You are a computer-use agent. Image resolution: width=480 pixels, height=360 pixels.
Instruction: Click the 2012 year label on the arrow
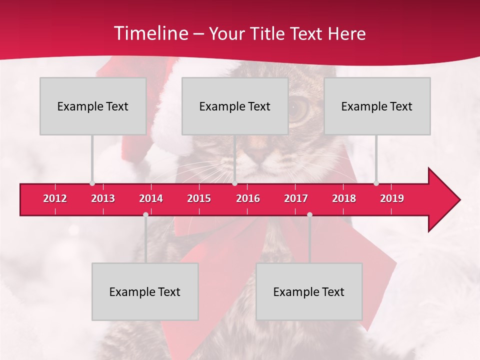coord(55,198)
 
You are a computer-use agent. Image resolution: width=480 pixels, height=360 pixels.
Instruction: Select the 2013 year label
coord(103,198)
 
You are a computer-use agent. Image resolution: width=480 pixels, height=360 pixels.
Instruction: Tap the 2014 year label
coord(151,198)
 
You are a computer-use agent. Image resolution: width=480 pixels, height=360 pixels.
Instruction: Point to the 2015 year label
coord(199,198)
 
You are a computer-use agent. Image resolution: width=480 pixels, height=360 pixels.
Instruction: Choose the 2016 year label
coord(248,198)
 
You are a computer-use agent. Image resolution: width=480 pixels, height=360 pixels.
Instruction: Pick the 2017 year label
coord(296,198)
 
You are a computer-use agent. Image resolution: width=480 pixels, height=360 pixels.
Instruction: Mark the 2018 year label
coord(344,198)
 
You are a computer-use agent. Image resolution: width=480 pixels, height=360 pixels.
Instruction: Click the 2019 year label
coord(392,198)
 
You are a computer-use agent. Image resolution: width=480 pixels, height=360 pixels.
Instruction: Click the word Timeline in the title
coord(150,33)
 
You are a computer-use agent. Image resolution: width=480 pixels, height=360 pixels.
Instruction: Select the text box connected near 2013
coord(93,106)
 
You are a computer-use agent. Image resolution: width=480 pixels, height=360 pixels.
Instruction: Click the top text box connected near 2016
coord(235,106)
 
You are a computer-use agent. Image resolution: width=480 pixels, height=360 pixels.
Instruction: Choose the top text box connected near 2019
coord(377,106)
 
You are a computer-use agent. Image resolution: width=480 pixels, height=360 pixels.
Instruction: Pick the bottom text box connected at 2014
coord(145,291)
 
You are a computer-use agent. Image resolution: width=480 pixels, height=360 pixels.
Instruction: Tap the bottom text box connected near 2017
coord(309,291)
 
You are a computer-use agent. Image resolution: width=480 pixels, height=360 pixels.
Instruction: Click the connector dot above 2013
coord(92,183)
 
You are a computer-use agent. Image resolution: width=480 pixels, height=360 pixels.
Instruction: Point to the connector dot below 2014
coord(145,215)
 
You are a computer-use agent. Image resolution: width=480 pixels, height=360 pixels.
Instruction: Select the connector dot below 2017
coord(309,215)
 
